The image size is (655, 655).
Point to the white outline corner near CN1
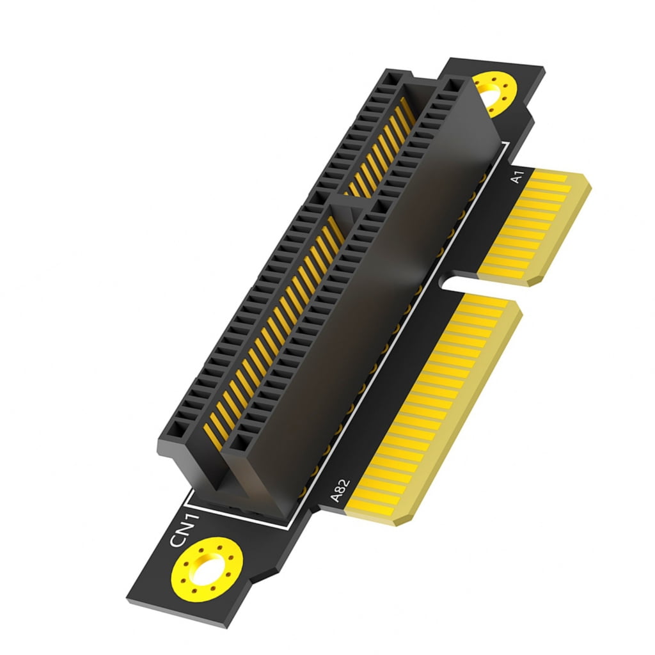[185, 493]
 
